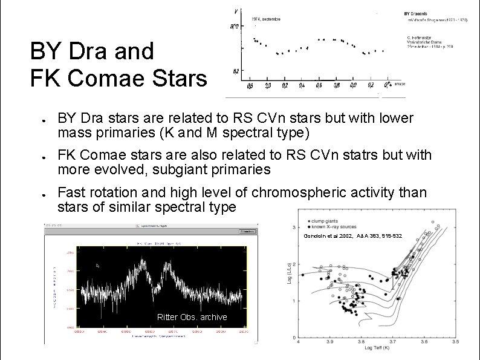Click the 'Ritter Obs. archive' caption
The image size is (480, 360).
[x=192, y=317]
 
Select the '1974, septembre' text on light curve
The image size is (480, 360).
[x=266, y=19]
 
